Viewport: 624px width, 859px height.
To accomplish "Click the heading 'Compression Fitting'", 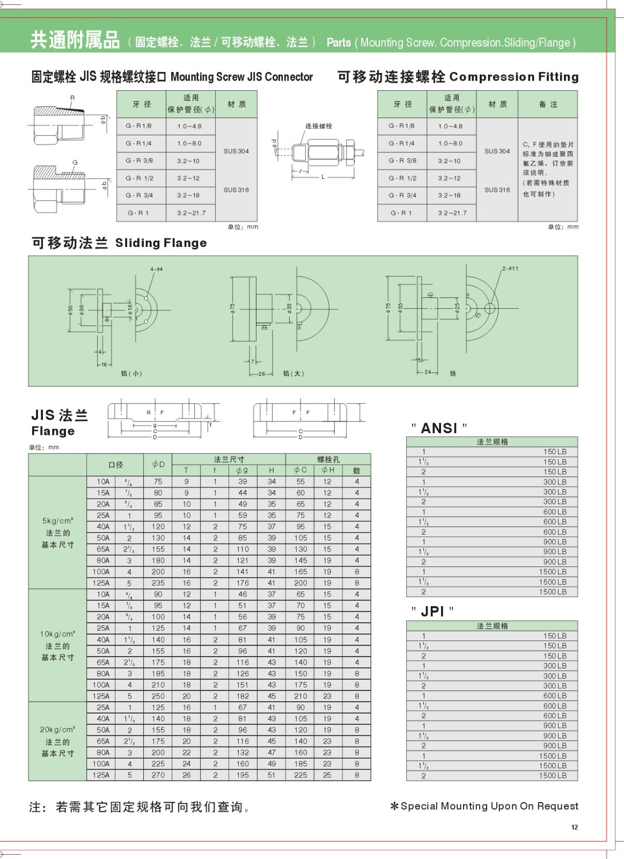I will pyautogui.click(x=513, y=77).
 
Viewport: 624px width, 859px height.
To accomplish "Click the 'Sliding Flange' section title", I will pyautogui.click(x=161, y=243).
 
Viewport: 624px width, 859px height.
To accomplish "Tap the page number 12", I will pyautogui.click(x=575, y=827).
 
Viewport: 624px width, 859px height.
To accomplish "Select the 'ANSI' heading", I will pyautogui.click(x=439, y=428).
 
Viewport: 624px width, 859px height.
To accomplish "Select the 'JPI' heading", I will pyautogui.click(x=432, y=612).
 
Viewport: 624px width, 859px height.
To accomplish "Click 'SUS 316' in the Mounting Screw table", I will pyautogui.click(x=236, y=190).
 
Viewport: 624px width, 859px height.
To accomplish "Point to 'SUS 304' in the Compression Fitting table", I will pyautogui.click(x=497, y=151).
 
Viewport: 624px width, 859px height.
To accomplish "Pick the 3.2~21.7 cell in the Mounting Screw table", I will pyautogui.click(x=191, y=213).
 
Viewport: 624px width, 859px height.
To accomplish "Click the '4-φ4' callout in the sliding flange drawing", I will pyautogui.click(x=156, y=269).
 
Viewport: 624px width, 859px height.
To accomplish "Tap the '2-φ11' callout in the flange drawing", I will pyautogui.click(x=510, y=268).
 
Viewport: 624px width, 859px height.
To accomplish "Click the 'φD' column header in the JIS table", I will pyautogui.click(x=158, y=464).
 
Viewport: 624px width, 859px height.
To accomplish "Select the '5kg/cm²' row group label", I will pyautogui.click(x=57, y=521).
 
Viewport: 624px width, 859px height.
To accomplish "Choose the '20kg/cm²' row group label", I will pyautogui.click(x=57, y=730).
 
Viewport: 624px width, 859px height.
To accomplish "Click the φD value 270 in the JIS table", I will pyautogui.click(x=158, y=775).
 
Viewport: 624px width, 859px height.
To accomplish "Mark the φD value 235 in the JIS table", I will pyautogui.click(x=158, y=583).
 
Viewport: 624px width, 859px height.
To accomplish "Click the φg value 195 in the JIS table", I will pyautogui.click(x=243, y=775).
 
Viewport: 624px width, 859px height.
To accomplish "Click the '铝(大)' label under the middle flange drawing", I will pyautogui.click(x=293, y=373).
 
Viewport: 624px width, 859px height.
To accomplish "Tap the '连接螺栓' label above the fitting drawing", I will pyautogui.click(x=319, y=126).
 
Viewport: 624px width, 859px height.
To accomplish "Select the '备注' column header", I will pyautogui.click(x=548, y=104).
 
